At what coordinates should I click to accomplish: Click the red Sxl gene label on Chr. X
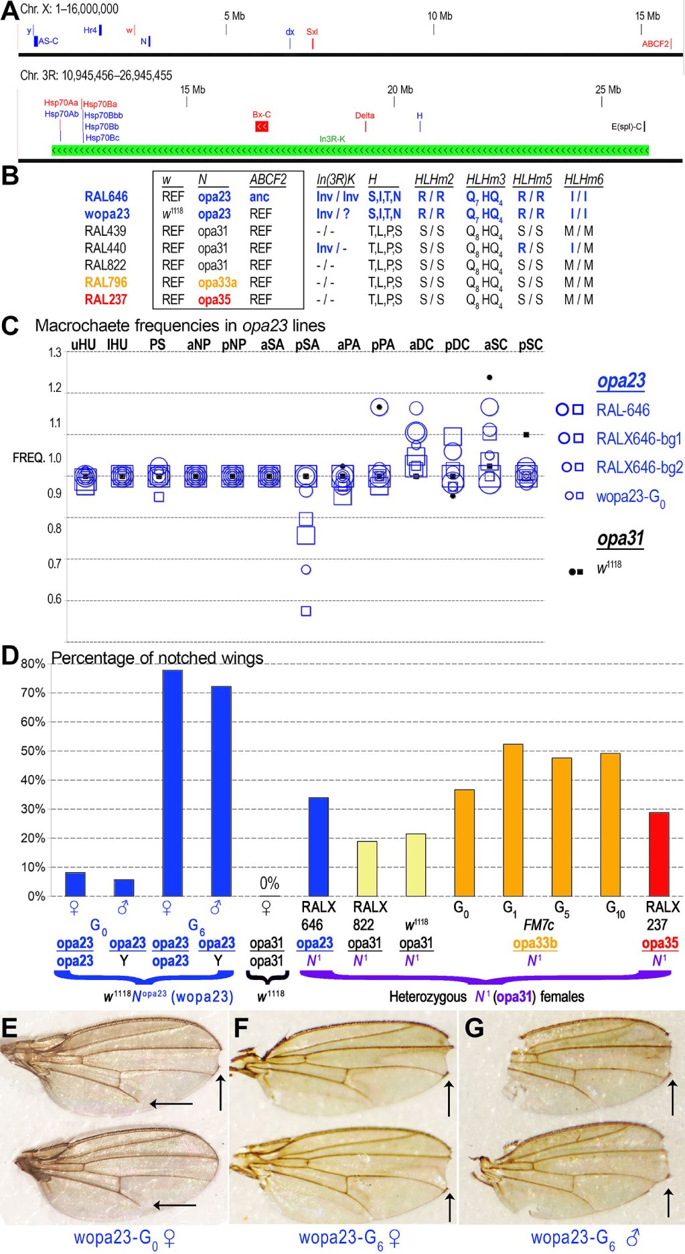click(312, 31)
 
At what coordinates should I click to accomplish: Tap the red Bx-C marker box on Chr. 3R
click(262, 127)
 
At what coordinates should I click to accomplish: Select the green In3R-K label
click(332, 139)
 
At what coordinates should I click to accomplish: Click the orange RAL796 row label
click(106, 283)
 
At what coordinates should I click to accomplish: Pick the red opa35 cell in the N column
click(214, 299)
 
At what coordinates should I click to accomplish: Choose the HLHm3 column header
click(485, 180)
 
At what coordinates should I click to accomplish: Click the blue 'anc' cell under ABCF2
click(259, 197)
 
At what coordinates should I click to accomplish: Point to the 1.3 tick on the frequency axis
click(54, 352)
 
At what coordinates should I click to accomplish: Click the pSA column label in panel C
click(307, 344)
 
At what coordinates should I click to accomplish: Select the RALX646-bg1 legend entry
click(639, 439)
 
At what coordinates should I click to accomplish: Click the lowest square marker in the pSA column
click(306, 611)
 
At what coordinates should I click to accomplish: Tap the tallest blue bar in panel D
click(173, 783)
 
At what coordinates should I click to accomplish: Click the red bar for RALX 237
click(659, 854)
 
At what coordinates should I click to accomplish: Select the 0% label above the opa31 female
click(269, 883)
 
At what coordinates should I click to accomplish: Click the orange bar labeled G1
click(513, 820)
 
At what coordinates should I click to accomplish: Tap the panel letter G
click(474, 1028)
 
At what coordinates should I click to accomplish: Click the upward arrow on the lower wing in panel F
click(450, 1206)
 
